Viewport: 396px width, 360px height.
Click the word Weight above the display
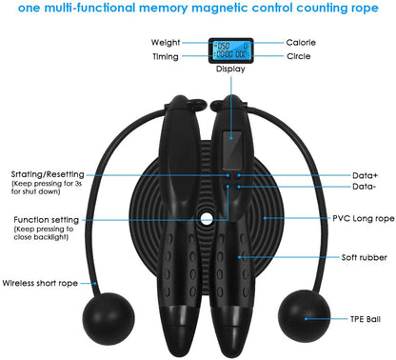168,43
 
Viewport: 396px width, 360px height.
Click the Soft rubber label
338,258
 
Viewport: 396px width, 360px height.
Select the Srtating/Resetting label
48,174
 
